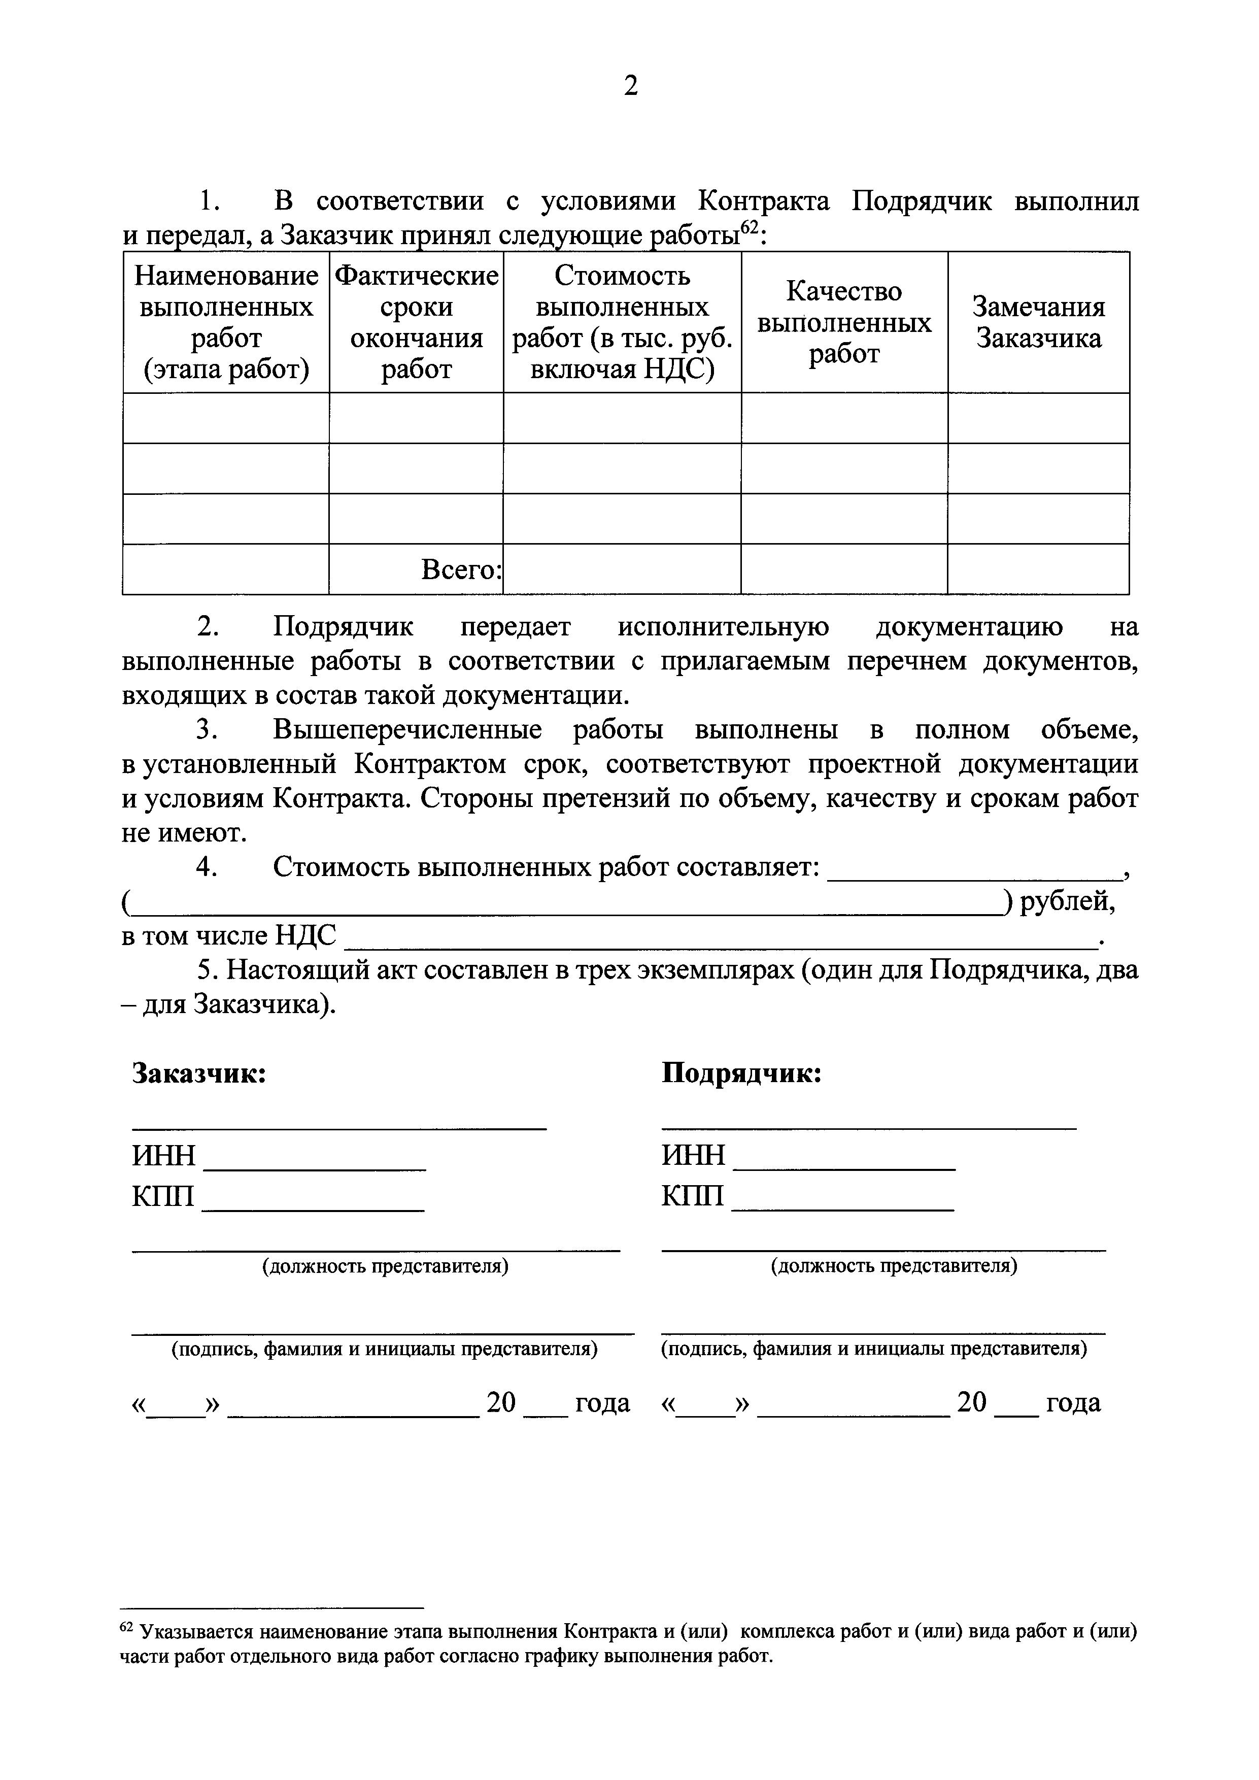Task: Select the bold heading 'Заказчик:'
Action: coord(199,1074)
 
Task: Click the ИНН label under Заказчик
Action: coord(163,1156)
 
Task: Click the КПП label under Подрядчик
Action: coord(692,1196)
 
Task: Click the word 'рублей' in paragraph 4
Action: coord(1067,901)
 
